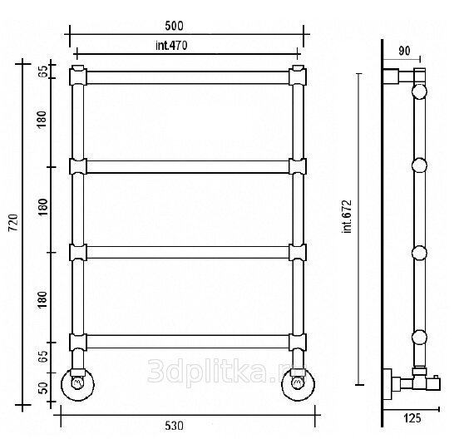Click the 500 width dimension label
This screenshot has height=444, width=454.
174,26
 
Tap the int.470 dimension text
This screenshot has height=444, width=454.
171,46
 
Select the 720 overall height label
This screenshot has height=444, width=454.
13,223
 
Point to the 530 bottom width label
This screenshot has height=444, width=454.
174,426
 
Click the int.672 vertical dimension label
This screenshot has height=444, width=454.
347,216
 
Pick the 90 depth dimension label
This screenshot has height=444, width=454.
404,51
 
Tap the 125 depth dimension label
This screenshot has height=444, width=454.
412,418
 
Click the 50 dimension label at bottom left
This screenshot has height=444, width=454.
42,388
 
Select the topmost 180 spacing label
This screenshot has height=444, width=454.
42,120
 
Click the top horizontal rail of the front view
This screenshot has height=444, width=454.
188,77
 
